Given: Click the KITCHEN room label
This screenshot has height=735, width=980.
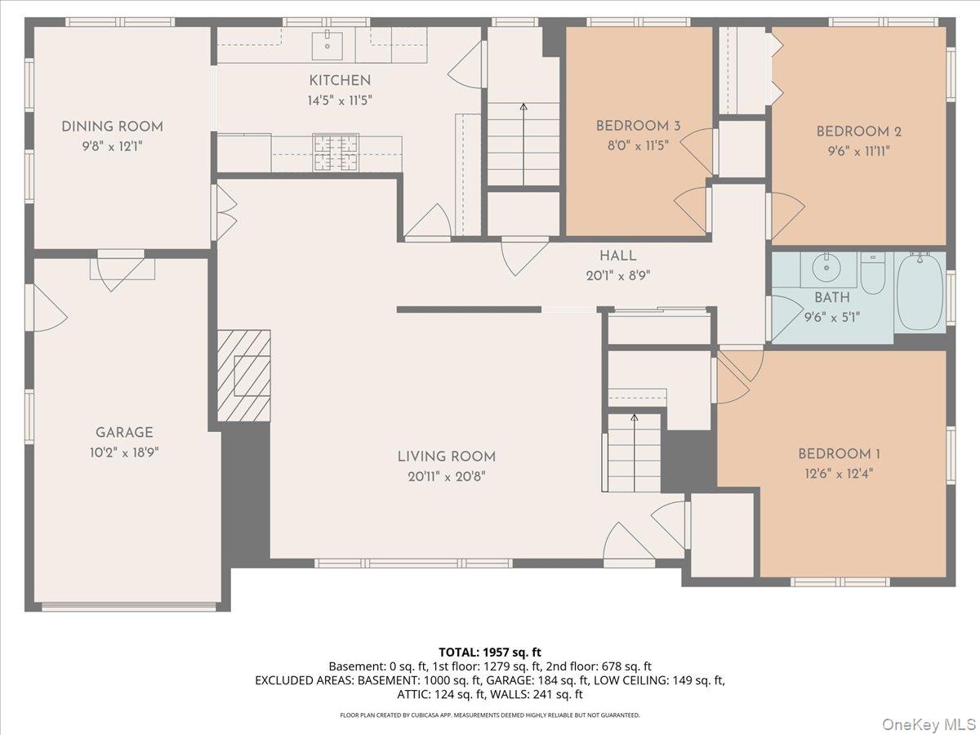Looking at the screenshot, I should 339,80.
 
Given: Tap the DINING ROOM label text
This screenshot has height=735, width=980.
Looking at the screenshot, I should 112,127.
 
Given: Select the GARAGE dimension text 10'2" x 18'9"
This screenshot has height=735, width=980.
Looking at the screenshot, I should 123,452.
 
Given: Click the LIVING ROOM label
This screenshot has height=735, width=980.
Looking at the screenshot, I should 446,457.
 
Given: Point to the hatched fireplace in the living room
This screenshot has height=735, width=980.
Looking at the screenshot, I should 244,376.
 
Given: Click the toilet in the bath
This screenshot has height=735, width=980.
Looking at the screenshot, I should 873,273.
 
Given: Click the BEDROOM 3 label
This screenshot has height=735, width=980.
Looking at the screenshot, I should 638,126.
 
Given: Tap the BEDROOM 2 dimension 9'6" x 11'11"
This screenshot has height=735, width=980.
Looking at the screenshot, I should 858,150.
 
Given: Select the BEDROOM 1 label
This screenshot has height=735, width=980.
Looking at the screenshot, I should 839,454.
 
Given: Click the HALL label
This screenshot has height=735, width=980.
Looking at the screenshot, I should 617,256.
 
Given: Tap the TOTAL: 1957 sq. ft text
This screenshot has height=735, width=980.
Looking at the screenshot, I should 490,652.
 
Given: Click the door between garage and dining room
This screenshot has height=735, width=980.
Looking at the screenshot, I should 121,269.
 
